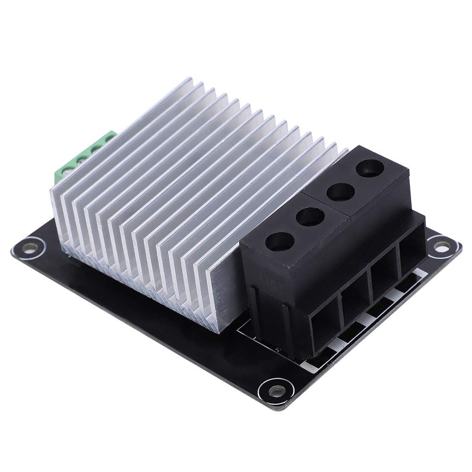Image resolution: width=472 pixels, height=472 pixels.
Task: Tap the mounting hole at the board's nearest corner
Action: pyautogui.click(x=272, y=391)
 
